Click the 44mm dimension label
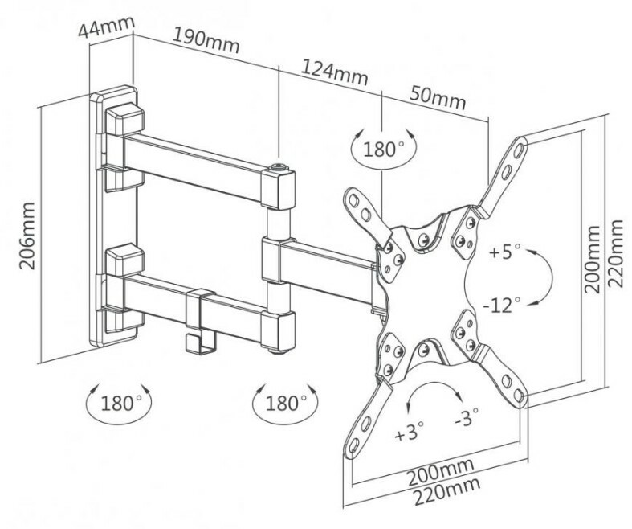pyautogui.click(x=106, y=26)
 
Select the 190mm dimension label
pyautogui.click(x=206, y=40)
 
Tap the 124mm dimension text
pyautogui.click(x=335, y=72)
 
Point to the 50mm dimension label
pyautogui.click(x=438, y=97)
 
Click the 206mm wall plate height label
pyautogui.click(x=27, y=236)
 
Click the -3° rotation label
pyautogui.click(x=467, y=417)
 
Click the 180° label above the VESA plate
pyautogui.click(x=383, y=150)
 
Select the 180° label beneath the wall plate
pyautogui.click(x=120, y=403)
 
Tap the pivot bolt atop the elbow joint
pyautogui.click(x=279, y=167)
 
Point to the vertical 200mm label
pyautogui.click(x=592, y=259)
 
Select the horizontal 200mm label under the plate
pyautogui.click(x=440, y=473)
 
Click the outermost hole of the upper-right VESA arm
pyautogui.click(x=520, y=149)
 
